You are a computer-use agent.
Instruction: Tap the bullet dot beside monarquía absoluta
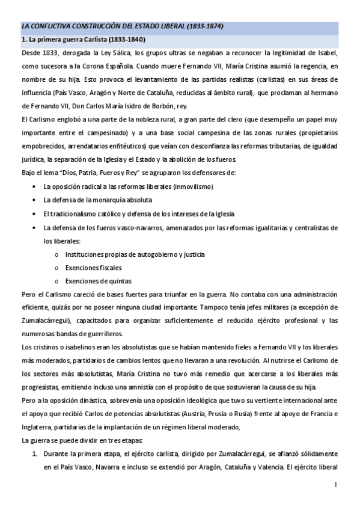(34, 200)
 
